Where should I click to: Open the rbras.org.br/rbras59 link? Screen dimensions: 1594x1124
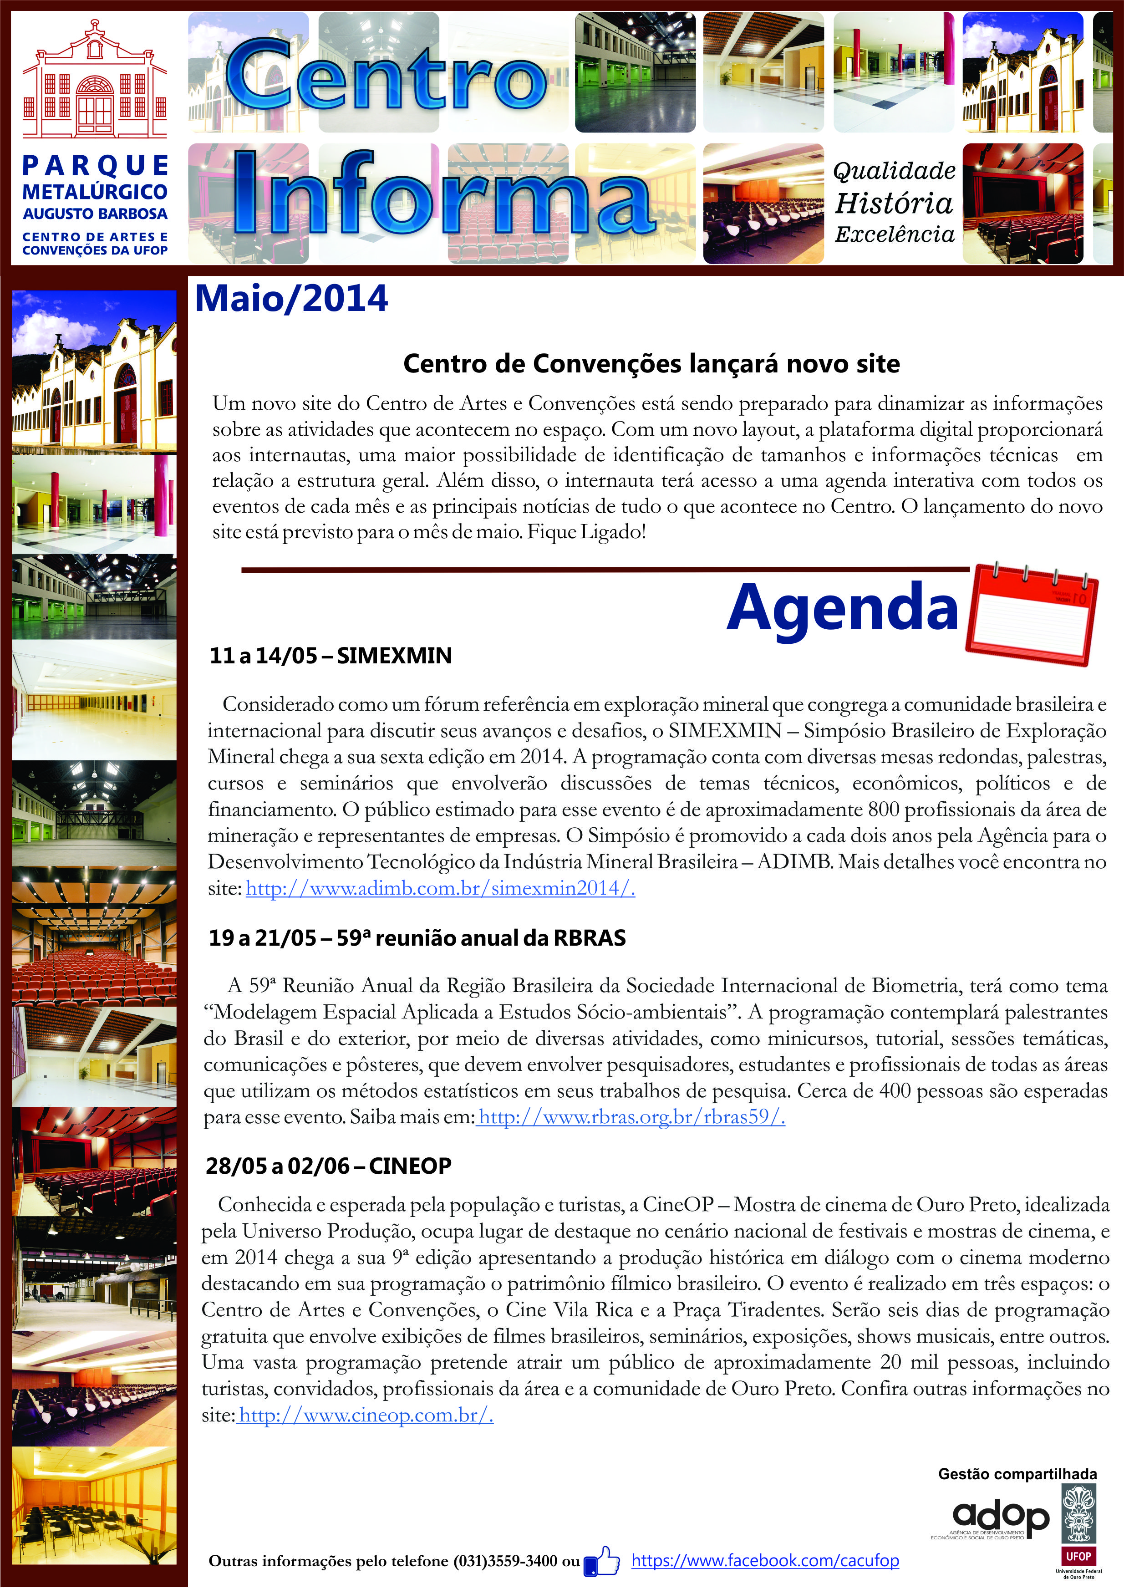point(632,1117)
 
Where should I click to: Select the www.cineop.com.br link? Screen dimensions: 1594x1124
point(365,1415)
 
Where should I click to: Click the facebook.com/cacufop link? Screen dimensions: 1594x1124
point(764,1561)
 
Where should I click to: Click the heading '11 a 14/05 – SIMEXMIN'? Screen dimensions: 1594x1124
point(331,656)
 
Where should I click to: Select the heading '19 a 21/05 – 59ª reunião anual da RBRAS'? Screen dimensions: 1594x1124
point(417,939)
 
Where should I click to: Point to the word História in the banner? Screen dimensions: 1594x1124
point(894,204)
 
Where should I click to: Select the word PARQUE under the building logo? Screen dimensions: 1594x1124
point(95,166)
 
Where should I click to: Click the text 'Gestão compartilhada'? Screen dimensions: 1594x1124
point(1017,1474)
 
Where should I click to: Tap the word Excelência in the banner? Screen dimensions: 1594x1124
point(894,234)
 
